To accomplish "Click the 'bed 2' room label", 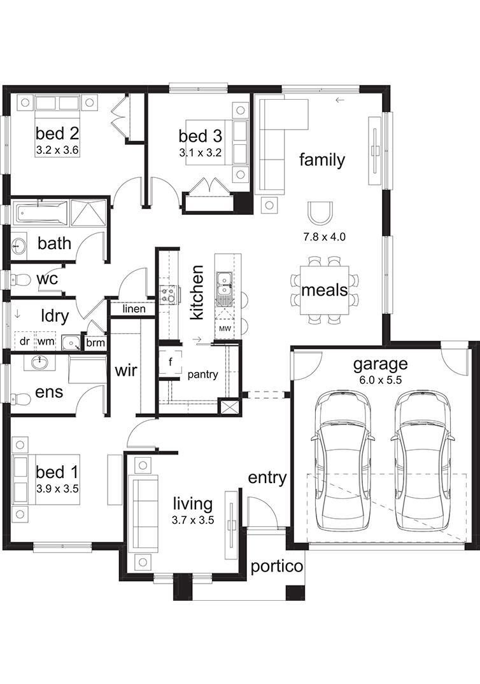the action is point(57,133).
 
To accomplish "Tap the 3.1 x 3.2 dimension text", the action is point(200,153).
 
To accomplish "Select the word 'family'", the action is point(322,160).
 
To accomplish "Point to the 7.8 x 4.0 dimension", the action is point(325,237).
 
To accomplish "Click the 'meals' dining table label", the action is point(325,290).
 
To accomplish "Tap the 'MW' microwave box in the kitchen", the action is point(225,329).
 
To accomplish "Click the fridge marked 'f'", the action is point(171,362).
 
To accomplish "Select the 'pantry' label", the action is point(202,374).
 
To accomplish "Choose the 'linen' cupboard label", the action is point(134,309).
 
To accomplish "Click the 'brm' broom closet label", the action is point(95,343).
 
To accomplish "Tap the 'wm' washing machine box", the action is point(46,341).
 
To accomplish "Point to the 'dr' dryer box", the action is point(25,341).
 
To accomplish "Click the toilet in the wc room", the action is point(19,280).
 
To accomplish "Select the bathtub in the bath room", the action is point(41,213).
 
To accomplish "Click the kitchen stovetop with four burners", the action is point(169,294).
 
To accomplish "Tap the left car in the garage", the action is point(344,460).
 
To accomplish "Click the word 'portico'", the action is point(276,566).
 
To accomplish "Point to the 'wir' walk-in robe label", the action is point(126,371).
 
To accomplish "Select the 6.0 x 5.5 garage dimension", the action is point(381,380).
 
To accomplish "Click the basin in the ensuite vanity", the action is point(40,362).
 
